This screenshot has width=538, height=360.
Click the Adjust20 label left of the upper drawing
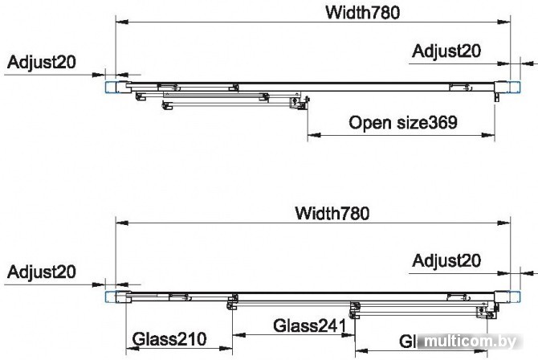coord(40,62)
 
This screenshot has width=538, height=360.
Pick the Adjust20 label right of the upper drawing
coord(446,51)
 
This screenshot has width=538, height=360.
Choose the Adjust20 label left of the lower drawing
coord(41,272)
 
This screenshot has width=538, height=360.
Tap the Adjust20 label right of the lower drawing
coord(446,260)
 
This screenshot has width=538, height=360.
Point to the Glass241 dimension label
coord(309,326)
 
